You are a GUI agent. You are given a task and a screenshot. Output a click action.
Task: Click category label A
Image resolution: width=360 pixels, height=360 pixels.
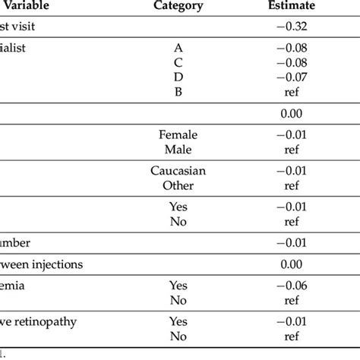pos(178,47)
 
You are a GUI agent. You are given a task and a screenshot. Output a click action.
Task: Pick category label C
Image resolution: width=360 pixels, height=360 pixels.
pos(178,62)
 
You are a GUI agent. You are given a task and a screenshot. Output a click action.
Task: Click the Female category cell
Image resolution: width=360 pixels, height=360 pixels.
pos(178,135)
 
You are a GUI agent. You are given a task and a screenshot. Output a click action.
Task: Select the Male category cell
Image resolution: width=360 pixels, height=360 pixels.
pos(178,150)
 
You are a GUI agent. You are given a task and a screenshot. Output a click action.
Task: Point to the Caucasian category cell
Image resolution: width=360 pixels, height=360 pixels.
pos(178,171)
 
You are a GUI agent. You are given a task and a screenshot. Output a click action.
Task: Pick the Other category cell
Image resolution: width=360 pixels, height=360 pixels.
pos(178,185)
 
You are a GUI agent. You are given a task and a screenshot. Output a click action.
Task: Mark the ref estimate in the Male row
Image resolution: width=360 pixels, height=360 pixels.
pos(292,150)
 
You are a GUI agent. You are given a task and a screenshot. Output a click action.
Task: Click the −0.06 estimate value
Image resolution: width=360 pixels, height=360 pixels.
pos(292,285)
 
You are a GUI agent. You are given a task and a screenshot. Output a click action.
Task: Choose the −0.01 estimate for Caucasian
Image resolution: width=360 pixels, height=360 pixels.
pos(292,171)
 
